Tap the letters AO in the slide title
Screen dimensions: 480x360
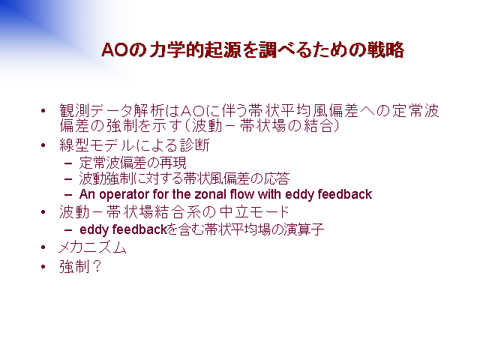[x=115, y=50]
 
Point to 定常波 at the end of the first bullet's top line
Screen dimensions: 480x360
[x=416, y=110]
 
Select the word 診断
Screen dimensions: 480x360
[x=195, y=145]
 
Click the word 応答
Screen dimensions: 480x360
[x=277, y=178]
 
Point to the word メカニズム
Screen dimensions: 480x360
[x=93, y=247]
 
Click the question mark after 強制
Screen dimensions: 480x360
[x=97, y=266]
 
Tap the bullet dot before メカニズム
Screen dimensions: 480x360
[x=43, y=247]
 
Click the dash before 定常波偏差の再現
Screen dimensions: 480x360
[x=68, y=163]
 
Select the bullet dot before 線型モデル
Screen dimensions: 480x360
[x=43, y=145]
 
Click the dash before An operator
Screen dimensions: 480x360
[x=68, y=195]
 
